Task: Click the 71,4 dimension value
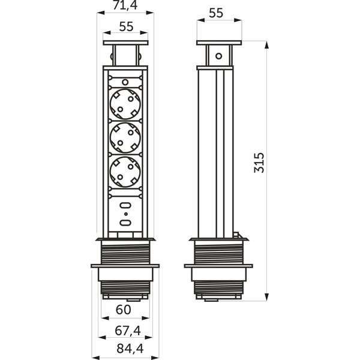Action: pyautogui.click(x=125, y=5)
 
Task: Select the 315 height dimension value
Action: pyautogui.click(x=259, y=163)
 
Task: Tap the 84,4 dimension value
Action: pyautogui.click(x=130, y=348)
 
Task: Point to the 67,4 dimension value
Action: pyautogui.click(x=128, y=331)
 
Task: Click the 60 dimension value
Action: pyautogui.click(x=124, y=310)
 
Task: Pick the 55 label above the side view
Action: pyautogui.click(x=216, y=13)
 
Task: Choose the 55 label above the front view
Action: pyautogui.click(x=126, y=26)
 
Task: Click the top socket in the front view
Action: pyautogui.click(x=125, y=104)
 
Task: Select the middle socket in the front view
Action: pyautogui.click(x=125, y=137)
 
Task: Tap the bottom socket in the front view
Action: pyautogui.click(x=125, y=172)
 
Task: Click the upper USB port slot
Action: pyautogui.click(x=125, y=205)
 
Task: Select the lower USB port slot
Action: pyautogui.click(x=125, y=222)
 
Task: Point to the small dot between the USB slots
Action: pyautogui.click(x=126, y=214)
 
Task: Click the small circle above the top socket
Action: pyautogui.click(x=125, y=82)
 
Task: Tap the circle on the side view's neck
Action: pyautogui.click(x=219, y=56)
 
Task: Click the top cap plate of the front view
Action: pyautogui.click(x=125, y=43)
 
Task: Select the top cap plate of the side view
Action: pyautogui.click(x=219, y=43)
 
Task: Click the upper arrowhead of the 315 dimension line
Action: pyautogui.click(x=266, y=45)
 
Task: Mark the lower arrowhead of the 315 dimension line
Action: pyautogui.click(x=266, y=296)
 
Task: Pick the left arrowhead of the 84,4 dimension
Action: pyautogui.click(x=96, y=358)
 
